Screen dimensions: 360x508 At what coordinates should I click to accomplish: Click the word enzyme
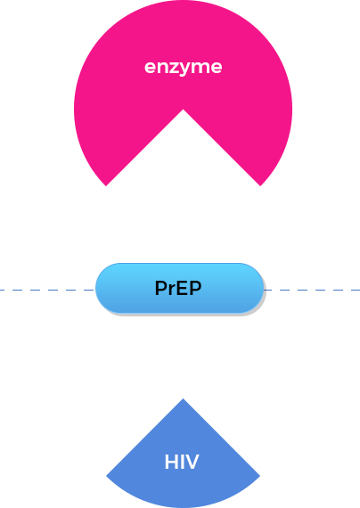click(x=183, y=68)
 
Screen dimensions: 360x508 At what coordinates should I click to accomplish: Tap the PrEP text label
click(x=178, y=288)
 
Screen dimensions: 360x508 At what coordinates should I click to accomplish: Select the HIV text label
click(x=182, y=462)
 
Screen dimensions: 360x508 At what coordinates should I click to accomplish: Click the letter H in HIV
click(x=171, y=462)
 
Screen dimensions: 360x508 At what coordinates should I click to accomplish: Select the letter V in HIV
click(x=192, y=462)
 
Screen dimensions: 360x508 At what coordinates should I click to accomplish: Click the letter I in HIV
click(x=182, y=462)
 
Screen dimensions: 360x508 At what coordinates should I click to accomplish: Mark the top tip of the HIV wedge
click(x=183, y=398)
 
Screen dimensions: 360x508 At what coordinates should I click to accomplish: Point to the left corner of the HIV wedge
click(x=106, y=476)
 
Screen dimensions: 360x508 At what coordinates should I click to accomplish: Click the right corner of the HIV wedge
click(x=260, y=476)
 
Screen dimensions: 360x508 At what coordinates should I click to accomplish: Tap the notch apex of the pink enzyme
click(x=183, y=110)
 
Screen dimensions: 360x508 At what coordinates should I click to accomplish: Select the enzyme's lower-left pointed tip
click(x=106, y=185)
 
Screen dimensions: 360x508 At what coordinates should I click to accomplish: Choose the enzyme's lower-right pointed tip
click(x=260, y=185)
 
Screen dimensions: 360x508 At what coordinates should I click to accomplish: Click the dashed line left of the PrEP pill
click(x=47, y=290)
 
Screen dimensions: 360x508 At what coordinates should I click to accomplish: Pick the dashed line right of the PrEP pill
click(x=312, y=290)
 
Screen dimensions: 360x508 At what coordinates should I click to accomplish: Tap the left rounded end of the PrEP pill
click(x=96, y=288)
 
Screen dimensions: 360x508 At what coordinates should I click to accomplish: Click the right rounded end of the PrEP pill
click(x=263, y=288)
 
